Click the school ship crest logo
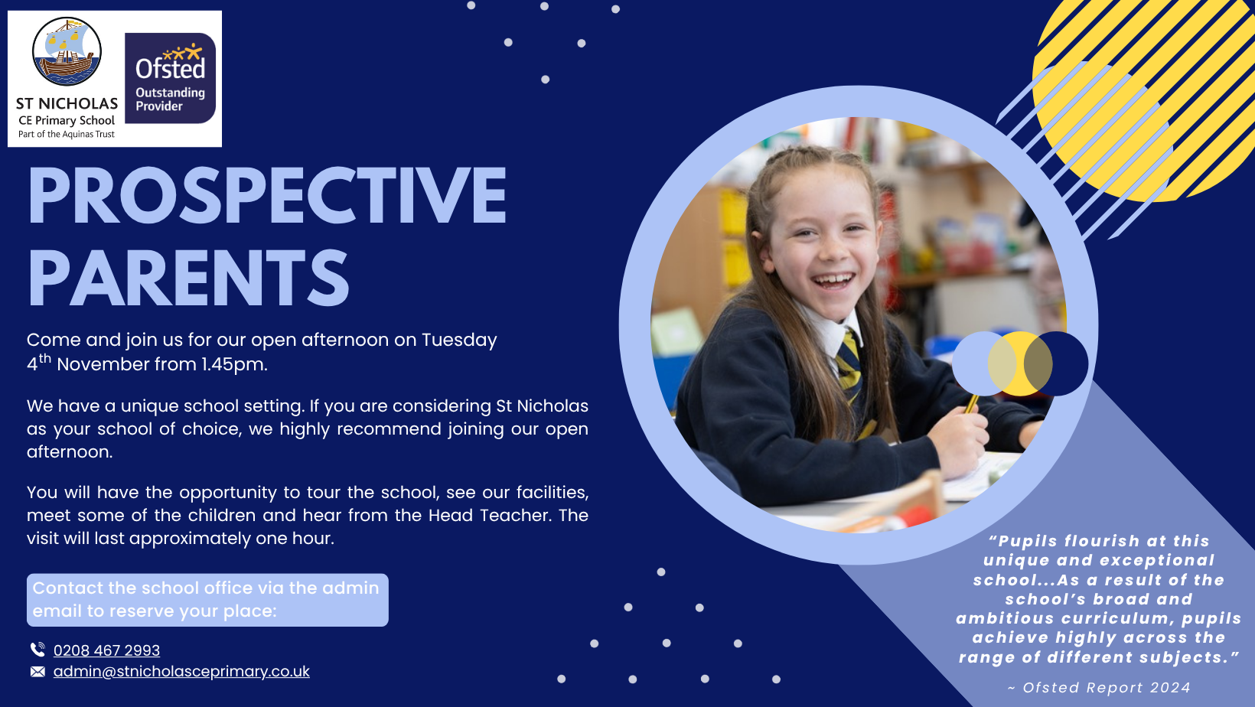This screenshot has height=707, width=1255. pos(67,51)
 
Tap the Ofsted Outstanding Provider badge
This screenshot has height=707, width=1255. pos(171,78)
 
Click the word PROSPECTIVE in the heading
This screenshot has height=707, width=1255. pos(267,196)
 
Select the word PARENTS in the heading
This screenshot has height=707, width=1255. pos(189,279)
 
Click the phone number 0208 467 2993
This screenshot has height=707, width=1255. pos(106,650)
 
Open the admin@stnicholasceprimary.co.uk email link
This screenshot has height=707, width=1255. pos(181,671)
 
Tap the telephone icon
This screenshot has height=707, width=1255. pos(37,650)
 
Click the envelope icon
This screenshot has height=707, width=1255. pos(37,672)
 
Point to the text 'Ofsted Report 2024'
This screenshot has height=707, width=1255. pos(1107,688)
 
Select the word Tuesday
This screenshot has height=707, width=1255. pos(459,340)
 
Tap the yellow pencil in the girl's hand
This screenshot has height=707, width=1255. pos(972,402)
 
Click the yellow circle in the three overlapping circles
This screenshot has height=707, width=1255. pos(1019,363)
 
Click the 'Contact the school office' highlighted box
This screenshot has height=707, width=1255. pos(207,600)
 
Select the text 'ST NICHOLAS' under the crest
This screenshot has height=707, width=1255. pos(67,103)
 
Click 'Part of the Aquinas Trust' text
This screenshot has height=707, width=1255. pos(66,135)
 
